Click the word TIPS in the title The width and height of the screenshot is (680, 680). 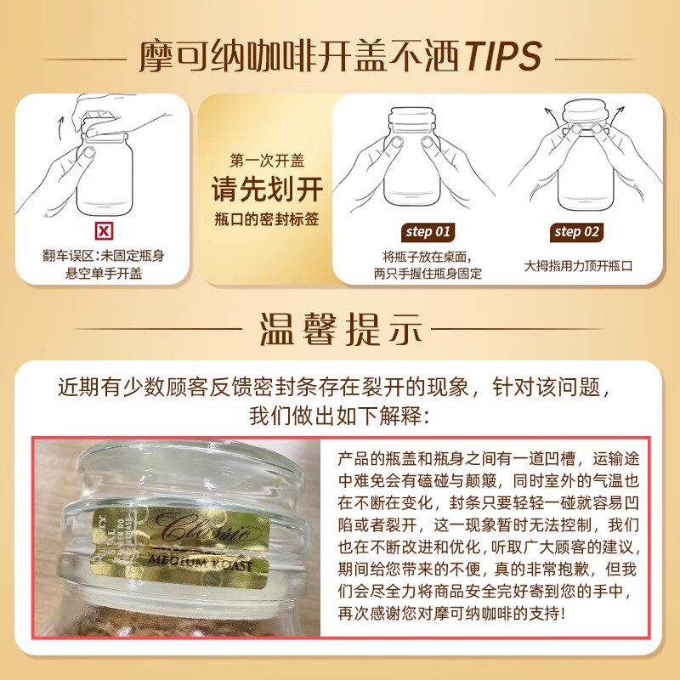[502, 56]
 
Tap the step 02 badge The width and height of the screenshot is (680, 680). [577, 231]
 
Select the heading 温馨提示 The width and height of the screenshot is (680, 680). [339, 327]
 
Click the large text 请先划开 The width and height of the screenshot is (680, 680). [267, 189]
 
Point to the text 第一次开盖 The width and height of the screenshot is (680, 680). [267, 160]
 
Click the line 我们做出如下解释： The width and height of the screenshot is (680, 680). [339, 417]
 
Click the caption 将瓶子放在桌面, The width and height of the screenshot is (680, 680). [428, 256]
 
